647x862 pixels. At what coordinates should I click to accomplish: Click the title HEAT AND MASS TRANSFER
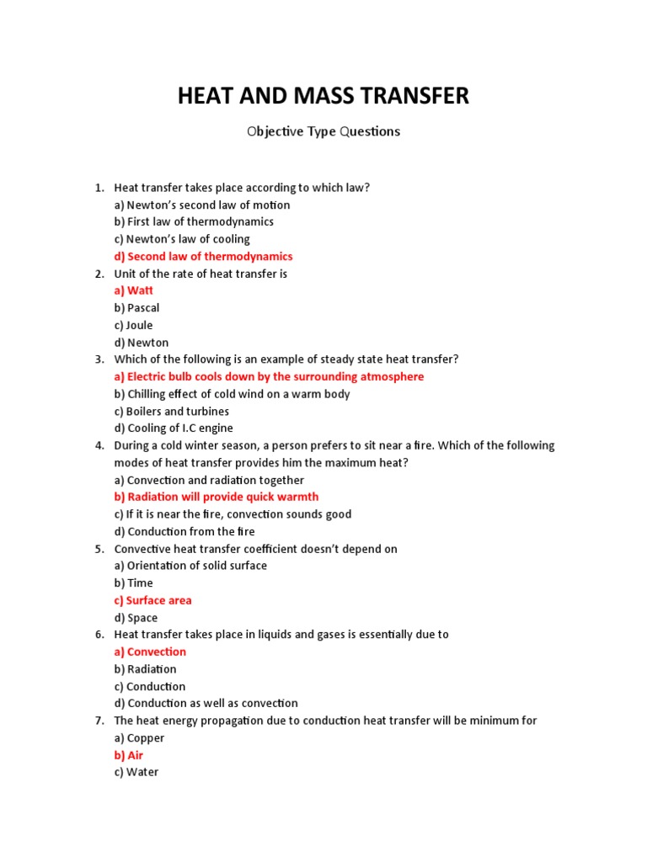(x=323, y=96)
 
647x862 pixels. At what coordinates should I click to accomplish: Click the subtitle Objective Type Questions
(x=323, y=131)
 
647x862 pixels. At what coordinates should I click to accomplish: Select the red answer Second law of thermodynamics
(x=203, y=256)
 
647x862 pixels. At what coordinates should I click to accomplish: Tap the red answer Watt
(x=134, y=290)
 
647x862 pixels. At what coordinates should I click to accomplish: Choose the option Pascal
(x=136, y=308)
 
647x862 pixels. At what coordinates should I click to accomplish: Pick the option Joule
(x=134, y=325)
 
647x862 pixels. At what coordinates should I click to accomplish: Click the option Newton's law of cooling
(x=182, y=239)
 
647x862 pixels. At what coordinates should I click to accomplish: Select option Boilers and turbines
(x=172, y=412)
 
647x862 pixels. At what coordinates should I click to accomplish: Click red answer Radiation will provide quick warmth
(x=217, y=497)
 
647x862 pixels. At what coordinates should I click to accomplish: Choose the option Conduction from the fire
(x=184, y=531)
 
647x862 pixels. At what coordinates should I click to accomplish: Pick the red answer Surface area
(x=152, y=600)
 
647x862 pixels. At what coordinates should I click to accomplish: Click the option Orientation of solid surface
(x=190, y=566)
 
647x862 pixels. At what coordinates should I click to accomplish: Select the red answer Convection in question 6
(x=150, y=652)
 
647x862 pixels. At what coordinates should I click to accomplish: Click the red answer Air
(x=129, y=755)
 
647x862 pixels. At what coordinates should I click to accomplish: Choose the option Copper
(x=139, y=738)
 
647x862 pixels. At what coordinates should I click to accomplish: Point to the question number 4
(x=99, y=445)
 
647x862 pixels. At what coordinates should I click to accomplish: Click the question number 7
(x=99, y=721)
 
